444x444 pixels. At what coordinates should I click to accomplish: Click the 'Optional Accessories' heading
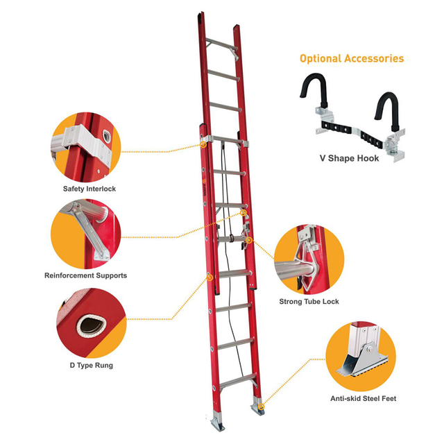[x=351, y=58]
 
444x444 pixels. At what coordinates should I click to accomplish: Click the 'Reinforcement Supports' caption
[x=85, y=275]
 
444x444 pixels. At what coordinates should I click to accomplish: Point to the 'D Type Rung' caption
[x=86, y=365]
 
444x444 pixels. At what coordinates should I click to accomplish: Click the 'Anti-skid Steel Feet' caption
[x=363, y=398]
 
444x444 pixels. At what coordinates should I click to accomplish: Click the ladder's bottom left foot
[x=215, y=420]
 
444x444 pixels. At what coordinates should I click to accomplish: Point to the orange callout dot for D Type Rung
[x=209, y=277]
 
